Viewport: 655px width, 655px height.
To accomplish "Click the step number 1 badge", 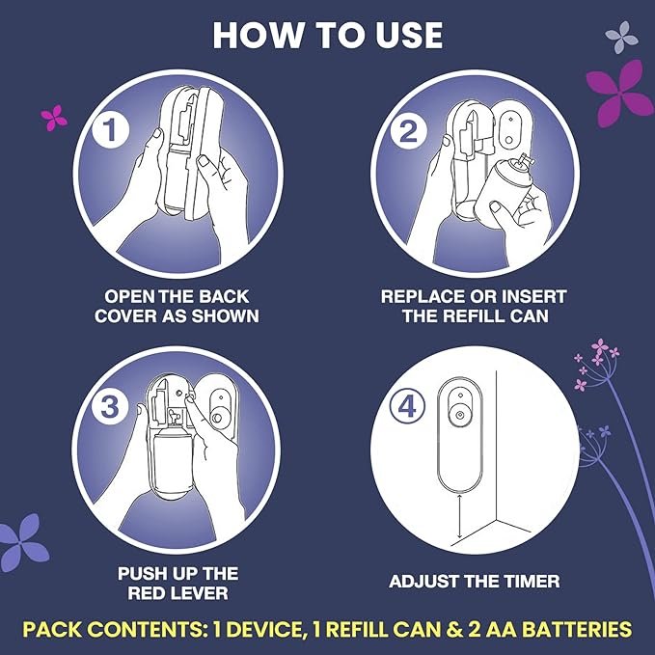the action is (110, 129).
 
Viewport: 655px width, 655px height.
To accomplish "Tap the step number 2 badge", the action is (408, 131).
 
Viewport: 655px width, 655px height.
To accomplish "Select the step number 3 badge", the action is (110, 406).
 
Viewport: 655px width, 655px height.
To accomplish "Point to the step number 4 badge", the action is (407, 406).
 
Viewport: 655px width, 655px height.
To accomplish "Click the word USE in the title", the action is (409, 36).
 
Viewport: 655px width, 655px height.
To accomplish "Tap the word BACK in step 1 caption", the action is (224, 296).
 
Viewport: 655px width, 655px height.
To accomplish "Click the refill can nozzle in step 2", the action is (523, 162).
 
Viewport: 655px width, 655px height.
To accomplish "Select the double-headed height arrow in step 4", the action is (459, 516).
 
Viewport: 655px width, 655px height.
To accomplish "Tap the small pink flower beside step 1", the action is (54, 118).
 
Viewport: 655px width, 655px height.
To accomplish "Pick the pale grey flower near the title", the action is (622, 38).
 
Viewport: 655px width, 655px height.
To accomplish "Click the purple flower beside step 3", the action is (23, 542).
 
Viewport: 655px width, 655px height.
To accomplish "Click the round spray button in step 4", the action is (460, 415).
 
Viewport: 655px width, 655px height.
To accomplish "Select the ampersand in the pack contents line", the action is (453, 630).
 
